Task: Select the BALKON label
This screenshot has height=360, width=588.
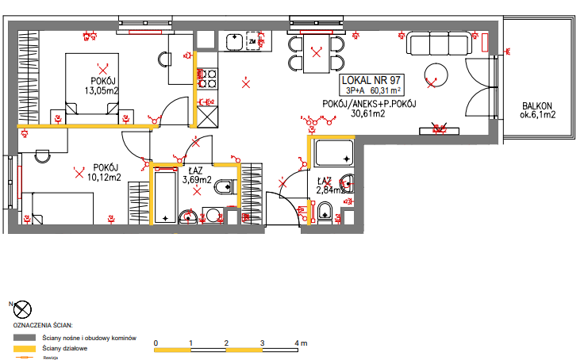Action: [x=536, y=106]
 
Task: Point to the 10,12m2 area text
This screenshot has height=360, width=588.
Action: [x=105, y=177]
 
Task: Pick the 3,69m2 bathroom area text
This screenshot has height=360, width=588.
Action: [x=194, y=180]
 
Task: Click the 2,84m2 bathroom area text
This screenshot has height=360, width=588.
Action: [x=329, y=190]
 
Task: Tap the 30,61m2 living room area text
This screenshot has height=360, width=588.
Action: [x=367, y=114]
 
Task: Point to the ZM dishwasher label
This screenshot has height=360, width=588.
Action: [x=252, y=40]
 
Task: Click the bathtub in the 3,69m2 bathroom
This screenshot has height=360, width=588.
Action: [x=165, y=195]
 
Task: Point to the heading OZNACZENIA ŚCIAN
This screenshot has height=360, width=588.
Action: [x=44, y=326]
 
